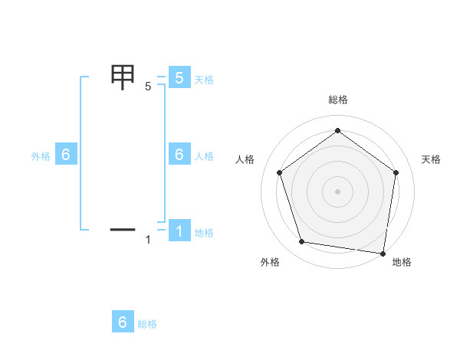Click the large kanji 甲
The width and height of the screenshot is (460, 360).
pyautogui.click(x=123, y=77)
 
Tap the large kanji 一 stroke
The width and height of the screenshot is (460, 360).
pyautogui.click(x=123, y=228)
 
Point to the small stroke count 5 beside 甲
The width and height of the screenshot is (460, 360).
pyautogui.click(x=148, y=87)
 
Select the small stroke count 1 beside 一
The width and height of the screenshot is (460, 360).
pyautogui.click(x=148, y=240)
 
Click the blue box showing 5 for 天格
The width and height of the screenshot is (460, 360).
pyautogui.click(x=179, y=78)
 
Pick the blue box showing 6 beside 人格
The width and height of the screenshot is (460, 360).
pyautogui.click(x=179, y=155)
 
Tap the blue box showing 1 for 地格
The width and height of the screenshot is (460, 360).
pyautogui.click(x=179, y=231)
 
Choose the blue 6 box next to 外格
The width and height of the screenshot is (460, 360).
pyautogui.click(x=66, y=155)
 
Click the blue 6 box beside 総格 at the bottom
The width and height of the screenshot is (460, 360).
pyautogui.click(x=123, y=322)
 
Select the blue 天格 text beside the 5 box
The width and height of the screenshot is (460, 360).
pyautogui.click(x=204, y=80)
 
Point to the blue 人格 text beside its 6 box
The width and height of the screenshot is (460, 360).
pyautogui.click(x=204, y=156)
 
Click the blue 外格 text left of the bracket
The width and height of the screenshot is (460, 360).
pyautogui.click(x=41, y=156)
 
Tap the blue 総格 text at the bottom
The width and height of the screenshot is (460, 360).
pyautogui.click(x=147, y=324)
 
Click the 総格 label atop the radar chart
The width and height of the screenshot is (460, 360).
pyautogui.click(x=337, y=100)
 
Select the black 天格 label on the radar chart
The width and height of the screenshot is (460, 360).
pyautogui.click(x=431, y=159)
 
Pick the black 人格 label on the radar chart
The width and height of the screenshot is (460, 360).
pyautogui.click(x=245, y=159)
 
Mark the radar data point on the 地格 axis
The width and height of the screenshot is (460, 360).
pyautogui.click(x=383, y=253)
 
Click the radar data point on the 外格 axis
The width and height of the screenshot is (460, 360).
pyautogui.click(x=302, y=242)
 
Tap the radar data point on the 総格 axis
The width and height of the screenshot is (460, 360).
pyautogui.click(x=337, y=131)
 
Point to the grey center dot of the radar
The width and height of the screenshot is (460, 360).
pyautogui.click(x=337, y=191)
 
